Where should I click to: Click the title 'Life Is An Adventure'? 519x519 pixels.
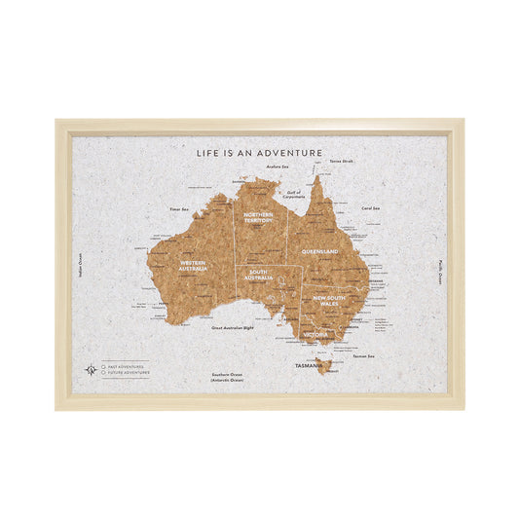[259, 153]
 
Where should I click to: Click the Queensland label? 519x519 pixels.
[319, 252]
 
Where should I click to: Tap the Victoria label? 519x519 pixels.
[315, 334]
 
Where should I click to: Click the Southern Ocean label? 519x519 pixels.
[227, 377]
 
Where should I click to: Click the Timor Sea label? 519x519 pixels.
[178, 208]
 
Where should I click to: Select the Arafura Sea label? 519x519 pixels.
[250, 167]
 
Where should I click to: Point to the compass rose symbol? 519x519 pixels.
[91, 369]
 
